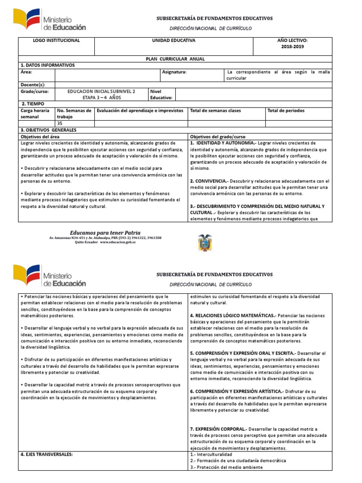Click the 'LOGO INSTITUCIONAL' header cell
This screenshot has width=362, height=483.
click(x=56, y=41)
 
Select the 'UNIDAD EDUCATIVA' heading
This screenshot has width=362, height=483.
click(x=173, y=41)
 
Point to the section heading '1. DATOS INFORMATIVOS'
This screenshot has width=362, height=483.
click(x=47, y=65)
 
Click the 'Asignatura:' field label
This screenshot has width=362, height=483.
click(x=174, y=72)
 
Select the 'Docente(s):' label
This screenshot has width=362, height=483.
click(x=33, y=85)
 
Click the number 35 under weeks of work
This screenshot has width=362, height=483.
click(x=59, y=124)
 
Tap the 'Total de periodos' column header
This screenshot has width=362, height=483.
click(x=286, y=111)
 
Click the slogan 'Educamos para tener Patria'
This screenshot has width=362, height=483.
click(x=105, y=233)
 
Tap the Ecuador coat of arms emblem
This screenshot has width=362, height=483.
click(x=205, y=242)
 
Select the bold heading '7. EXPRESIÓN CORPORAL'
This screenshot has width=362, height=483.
click(x=217, y=429)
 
